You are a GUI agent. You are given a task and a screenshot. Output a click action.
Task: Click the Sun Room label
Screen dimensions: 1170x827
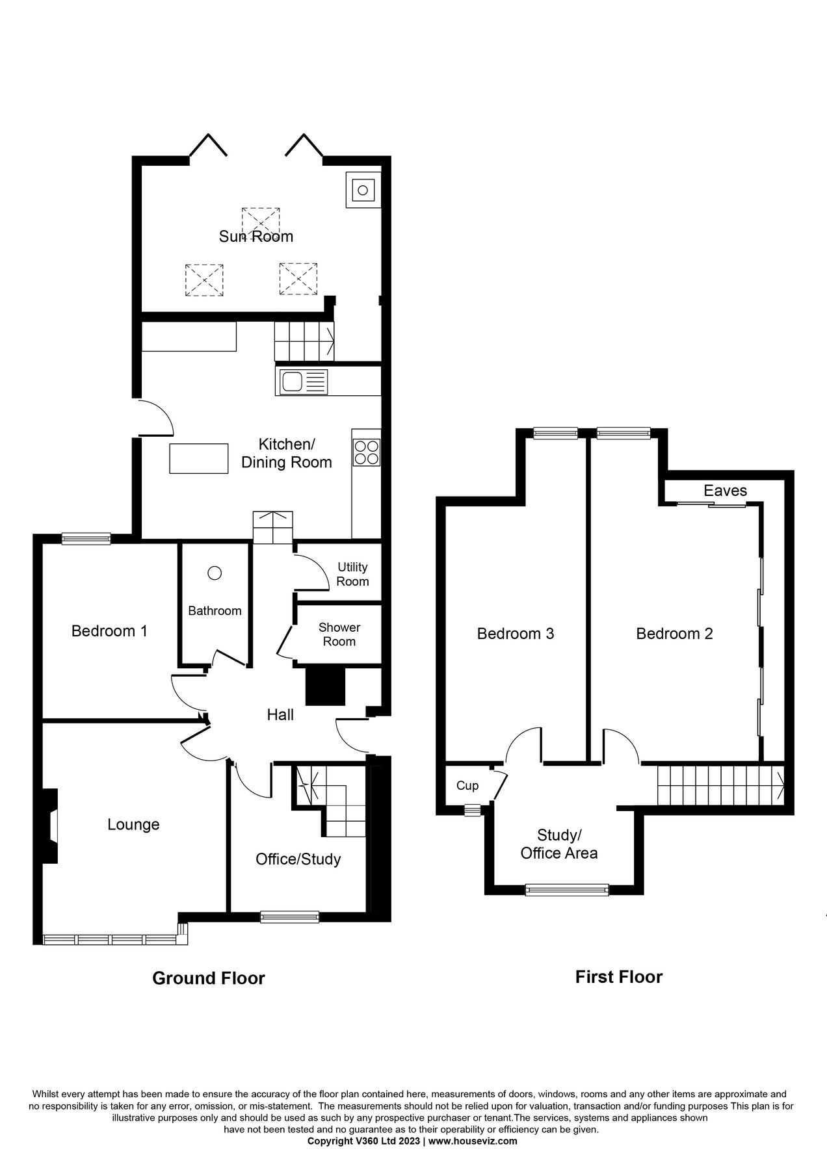pyautogui.click(x=256, y=236)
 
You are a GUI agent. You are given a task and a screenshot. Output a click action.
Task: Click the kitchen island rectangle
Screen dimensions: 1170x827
pyautogui.click(x=199, y=458)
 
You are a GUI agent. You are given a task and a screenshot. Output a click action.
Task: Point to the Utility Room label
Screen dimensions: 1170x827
pyautogui.click(x=352, y=575)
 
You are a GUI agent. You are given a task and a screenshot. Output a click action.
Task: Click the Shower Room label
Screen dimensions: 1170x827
pyautogui.click(x=339, y=634)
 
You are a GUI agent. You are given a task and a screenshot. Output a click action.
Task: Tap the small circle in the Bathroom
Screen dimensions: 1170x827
pyautogui.click(x=215, y=573)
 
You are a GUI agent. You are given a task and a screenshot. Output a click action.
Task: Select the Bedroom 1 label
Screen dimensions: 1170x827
pyautogui.click(x=109, y=630)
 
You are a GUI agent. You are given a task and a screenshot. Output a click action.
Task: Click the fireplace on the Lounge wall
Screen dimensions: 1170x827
pyautogui.click(x=49, y=826)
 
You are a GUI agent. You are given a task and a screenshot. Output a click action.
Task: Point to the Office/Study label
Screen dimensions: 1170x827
pyautogui.click(x=298, y=859)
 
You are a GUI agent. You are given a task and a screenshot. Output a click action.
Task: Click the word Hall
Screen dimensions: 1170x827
pyautogui.click(x=280, y=715)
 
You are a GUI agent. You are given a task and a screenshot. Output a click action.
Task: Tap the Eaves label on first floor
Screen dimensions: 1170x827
pyautogui.click(x=725, y=491)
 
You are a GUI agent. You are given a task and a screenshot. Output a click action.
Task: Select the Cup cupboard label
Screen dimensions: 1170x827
pyautogui.click(x=467, y=786)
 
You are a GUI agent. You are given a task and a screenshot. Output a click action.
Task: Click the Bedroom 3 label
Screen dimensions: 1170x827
pyautogui.click(x=515, y=634)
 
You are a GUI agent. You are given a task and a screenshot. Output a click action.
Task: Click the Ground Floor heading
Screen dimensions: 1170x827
pyautogui.click(x=208, y=978)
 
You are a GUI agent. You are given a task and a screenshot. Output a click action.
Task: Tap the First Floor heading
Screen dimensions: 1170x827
pyautogui.click(x=618, y=977)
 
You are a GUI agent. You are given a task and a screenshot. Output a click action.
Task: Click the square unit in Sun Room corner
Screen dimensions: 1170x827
pyautogui.click(x=363, y=190)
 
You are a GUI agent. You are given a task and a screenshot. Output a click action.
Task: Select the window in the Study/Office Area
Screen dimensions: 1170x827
pyautogui.click(x=566, y=890)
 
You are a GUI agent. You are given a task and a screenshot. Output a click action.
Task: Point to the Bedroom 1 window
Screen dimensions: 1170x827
pyautogui.click(x=86, y=538)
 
